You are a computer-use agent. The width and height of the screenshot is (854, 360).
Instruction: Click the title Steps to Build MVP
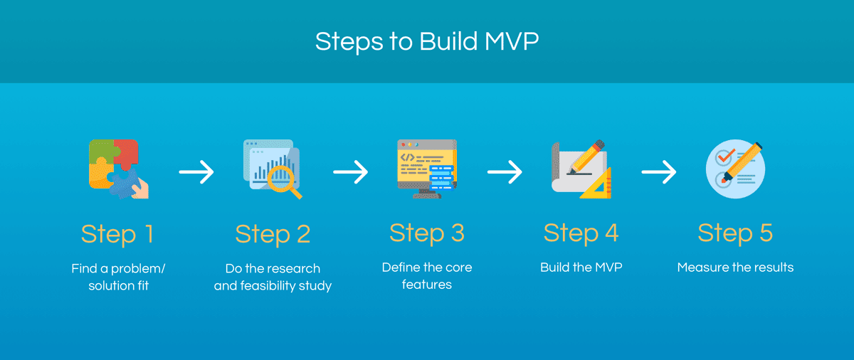pos(427,41)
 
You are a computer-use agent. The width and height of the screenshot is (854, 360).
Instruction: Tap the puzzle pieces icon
pos(118,169)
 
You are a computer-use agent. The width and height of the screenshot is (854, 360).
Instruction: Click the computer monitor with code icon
pos(426,169)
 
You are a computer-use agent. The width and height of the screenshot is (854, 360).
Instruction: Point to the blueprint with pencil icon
pos(581,169)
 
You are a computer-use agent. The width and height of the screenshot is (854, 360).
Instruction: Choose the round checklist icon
pos(735,169)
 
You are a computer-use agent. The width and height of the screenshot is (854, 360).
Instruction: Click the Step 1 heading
pos(117,233)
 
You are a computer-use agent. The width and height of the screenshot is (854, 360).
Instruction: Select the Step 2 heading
pos(273,233)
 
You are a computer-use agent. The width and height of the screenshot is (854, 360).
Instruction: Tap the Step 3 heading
pos(427,233)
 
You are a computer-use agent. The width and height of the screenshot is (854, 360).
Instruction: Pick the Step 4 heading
pos(581,233)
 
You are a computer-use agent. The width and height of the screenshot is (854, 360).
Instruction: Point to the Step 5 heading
pos(735,233)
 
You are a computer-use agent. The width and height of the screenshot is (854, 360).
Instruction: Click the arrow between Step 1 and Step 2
pos(196,171)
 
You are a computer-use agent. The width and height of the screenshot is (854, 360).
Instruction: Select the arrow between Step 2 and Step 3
pos(350,171)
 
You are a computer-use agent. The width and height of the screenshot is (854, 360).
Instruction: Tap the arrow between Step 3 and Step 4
pos(505,171)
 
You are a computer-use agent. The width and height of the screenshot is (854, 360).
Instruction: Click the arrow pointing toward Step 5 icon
pos(658,171)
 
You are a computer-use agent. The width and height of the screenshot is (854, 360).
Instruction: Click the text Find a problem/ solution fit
pos(118,277)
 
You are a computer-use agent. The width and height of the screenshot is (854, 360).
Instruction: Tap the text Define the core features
pos(427,276)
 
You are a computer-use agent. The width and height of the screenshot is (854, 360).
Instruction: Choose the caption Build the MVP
pos(581,268)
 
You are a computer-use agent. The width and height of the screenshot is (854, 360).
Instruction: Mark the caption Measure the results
pos(735,268)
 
